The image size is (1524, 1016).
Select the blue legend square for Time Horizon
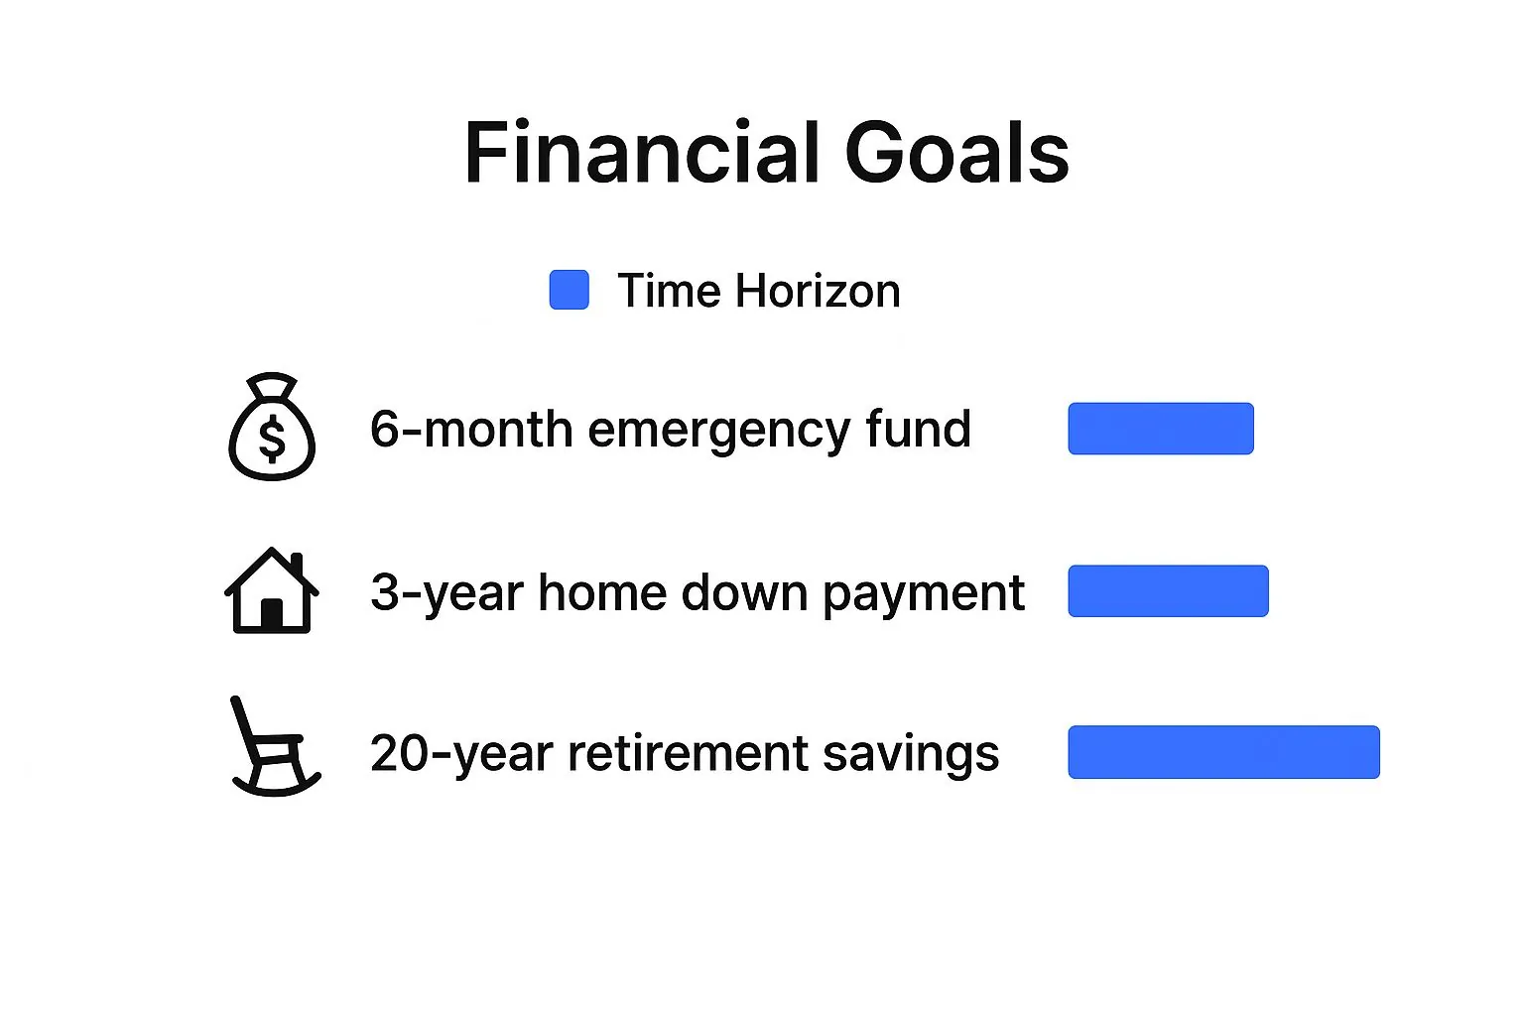click(x=569, y=290)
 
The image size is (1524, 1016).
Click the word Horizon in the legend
click(x=818, y=291)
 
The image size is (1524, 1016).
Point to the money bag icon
click(x=272, y=427)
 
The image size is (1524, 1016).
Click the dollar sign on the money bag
click(x=272, y=439)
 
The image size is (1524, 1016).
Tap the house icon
click(x=272, y=590)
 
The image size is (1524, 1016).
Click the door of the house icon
click(x=272, y=613)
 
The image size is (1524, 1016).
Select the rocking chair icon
click(x=276, y=746)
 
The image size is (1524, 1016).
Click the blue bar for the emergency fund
click(x=1161, y=429)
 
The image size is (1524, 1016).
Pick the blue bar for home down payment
click(x=1168, y=591)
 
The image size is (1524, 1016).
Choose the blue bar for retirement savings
click(x=1224, y=752)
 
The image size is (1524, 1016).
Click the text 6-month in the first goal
click(x=471, y=430)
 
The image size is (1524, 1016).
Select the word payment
click(x=924, y=594)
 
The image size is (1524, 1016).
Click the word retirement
click(x=688, y=753)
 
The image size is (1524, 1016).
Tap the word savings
click(x=911, y=756)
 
